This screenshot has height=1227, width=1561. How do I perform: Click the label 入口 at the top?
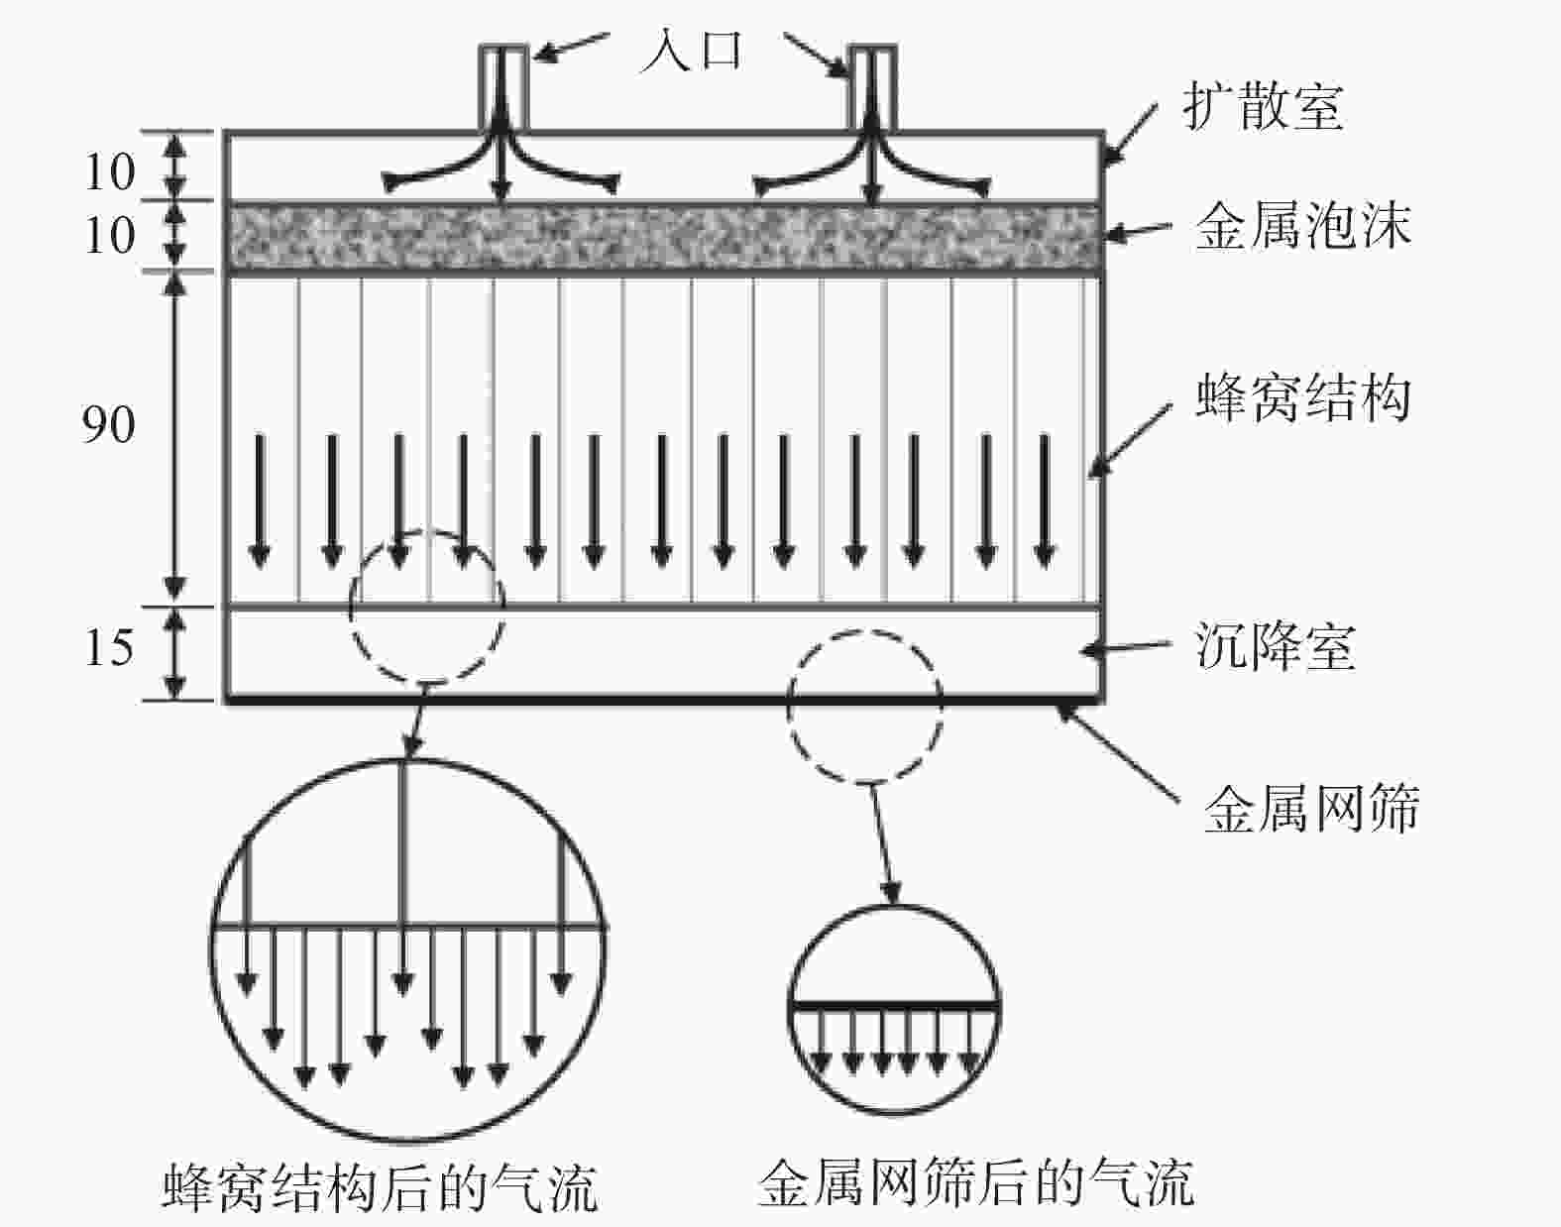coord(691,50)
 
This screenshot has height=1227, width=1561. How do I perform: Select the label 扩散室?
coord(1263,106)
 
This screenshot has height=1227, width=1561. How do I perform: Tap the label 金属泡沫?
coord(1302,226)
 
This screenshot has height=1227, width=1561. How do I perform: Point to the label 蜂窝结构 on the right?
coord(1302,398)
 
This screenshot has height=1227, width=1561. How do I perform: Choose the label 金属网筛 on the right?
coord(1310,808)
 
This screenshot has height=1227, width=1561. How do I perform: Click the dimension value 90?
coord(108,424)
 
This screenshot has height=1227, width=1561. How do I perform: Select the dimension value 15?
coord(108,648)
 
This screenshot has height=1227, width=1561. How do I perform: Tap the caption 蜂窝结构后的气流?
coord(380,1186)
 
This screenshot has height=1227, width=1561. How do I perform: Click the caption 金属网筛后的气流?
coord(975,1181)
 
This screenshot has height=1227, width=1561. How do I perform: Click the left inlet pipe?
coord(503,87)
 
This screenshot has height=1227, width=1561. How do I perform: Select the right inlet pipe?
coord(872,87)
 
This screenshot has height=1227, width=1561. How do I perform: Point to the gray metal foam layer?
coord(664,236)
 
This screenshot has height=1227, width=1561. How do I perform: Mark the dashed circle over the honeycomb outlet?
coord(427,607)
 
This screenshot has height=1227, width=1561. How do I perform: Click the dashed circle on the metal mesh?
coord(864,706)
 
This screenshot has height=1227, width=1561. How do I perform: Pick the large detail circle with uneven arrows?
coord(408,949)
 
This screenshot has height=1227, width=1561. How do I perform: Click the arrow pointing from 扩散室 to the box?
coord(1130,132)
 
